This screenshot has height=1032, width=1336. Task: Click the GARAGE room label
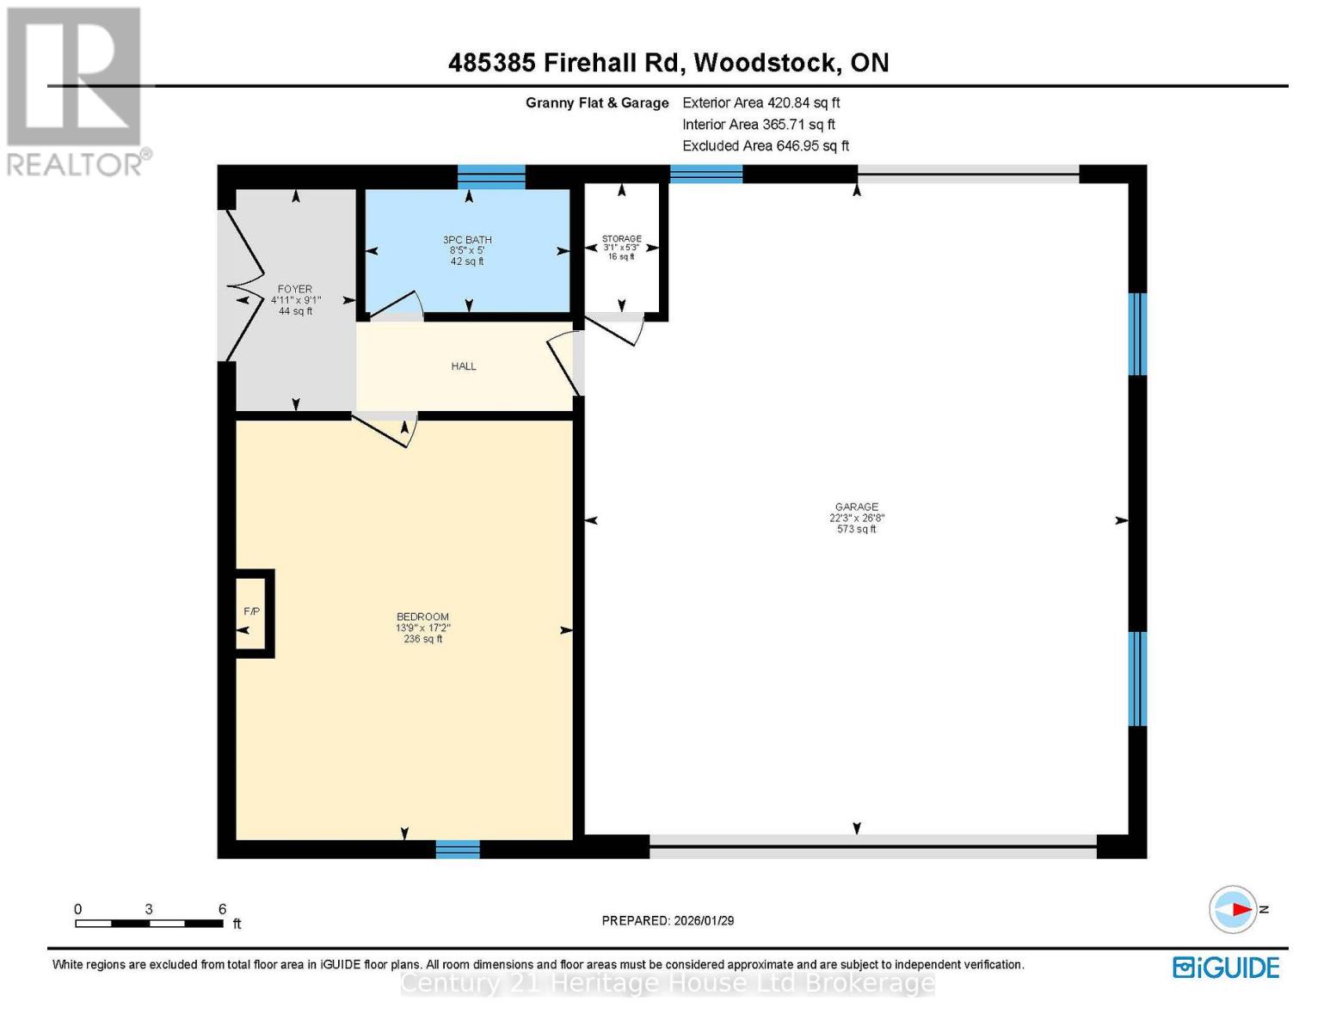pyautogui.click(x=856, y=507)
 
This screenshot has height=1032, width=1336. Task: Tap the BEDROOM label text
pyautogui.click(x=422, y=617)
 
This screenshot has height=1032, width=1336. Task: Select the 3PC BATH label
pyautogui.click(x=467, y=240)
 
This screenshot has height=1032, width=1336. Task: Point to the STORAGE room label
pyautogui.click(x=621, y=239)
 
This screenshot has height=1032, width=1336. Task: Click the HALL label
pyautogui.click(x=464, y=366)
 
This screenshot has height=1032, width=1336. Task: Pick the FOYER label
pyautogui.click(x=295, y=290)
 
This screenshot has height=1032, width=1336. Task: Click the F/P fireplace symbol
pyautogui.click(x=252, y=612)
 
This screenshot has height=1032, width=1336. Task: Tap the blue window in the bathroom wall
pyautogui.click(x=490, y=176)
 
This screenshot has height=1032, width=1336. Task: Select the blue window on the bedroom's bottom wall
pyautogui.click(x=457, y=849)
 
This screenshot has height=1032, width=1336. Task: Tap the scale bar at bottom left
pyautogui.click(x=149, y=924)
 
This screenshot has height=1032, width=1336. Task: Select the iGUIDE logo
pyautogui.click(x=1225, y=967)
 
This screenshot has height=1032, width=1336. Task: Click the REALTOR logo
pyautogui.click(x=76, y=90)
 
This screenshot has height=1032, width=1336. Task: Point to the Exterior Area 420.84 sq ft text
pyautogui.click(x=760, y=102)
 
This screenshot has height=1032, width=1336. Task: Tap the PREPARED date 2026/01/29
pyautogui.click(x=668, y=920)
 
